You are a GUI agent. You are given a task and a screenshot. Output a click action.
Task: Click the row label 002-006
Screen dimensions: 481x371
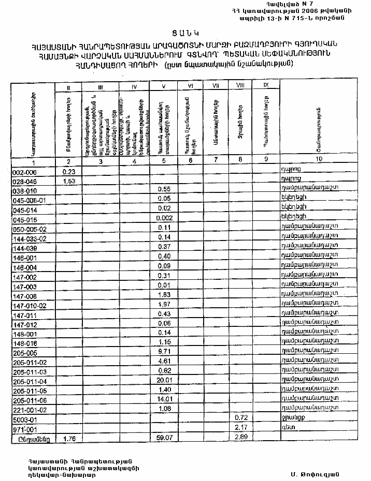25,171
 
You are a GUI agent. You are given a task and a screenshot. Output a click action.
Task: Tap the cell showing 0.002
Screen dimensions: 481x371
164,218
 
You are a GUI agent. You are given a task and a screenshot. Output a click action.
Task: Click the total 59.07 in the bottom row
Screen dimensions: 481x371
164,438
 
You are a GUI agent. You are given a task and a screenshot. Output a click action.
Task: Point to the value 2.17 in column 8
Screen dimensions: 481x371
240,428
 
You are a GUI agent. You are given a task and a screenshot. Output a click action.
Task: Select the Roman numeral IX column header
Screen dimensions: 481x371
266,84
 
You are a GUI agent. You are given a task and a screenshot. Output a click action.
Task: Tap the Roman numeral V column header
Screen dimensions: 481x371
164,86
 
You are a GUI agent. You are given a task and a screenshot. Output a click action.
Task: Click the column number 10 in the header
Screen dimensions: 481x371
318,160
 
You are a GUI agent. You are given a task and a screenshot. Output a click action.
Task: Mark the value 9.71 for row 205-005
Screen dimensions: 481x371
164,352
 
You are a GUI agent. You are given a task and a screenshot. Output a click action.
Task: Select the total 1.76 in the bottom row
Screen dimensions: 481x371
69,439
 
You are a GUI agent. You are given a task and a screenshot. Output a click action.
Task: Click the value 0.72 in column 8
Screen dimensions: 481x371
240,417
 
